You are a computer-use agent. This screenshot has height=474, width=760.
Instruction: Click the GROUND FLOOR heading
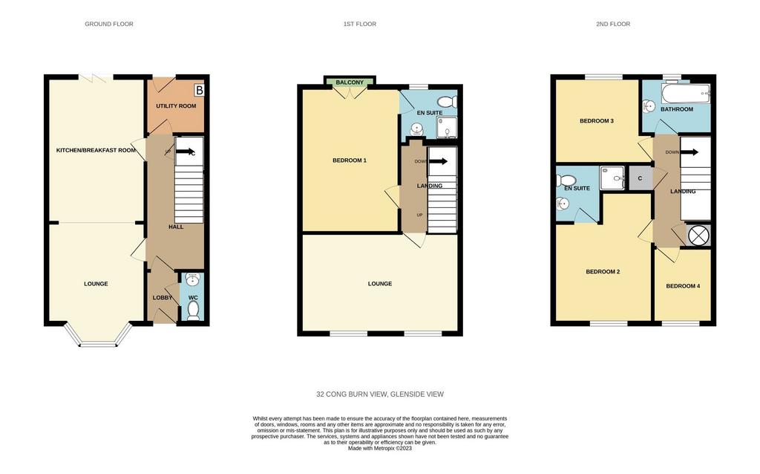[109, 24]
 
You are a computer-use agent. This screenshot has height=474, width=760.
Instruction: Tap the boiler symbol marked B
[199, 90]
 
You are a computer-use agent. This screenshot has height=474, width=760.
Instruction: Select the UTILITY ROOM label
[176, 105]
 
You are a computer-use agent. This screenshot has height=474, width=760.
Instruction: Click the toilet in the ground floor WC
[193, 311]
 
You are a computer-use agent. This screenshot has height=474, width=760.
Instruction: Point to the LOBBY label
[163, 297]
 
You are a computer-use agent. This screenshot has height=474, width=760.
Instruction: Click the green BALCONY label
[350, 82]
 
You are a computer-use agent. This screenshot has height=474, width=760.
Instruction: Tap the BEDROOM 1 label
[350, 160]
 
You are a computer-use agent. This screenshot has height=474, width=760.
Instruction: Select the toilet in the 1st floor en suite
[447, 102]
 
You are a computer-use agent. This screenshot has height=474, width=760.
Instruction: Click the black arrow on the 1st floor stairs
[438, 161]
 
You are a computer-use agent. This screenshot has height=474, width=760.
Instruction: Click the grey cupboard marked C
[640, 178]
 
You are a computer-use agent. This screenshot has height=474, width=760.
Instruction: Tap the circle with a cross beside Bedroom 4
[699, 236]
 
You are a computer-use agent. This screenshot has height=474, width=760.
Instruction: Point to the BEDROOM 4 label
[683, 286]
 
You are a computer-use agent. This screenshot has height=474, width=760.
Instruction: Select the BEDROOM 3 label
[597, 121]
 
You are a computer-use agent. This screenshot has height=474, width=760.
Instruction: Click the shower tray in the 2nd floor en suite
[612, 178]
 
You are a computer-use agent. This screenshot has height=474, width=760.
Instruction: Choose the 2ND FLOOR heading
[613, 24]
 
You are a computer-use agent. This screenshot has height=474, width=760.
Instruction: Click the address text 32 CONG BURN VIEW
[351, 395]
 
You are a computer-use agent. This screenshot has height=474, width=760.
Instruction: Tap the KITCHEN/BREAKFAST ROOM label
[96, 150]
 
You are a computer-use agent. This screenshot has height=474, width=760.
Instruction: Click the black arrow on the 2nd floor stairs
[689, 152]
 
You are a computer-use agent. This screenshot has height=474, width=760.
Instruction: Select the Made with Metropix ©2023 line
[380, 449]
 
